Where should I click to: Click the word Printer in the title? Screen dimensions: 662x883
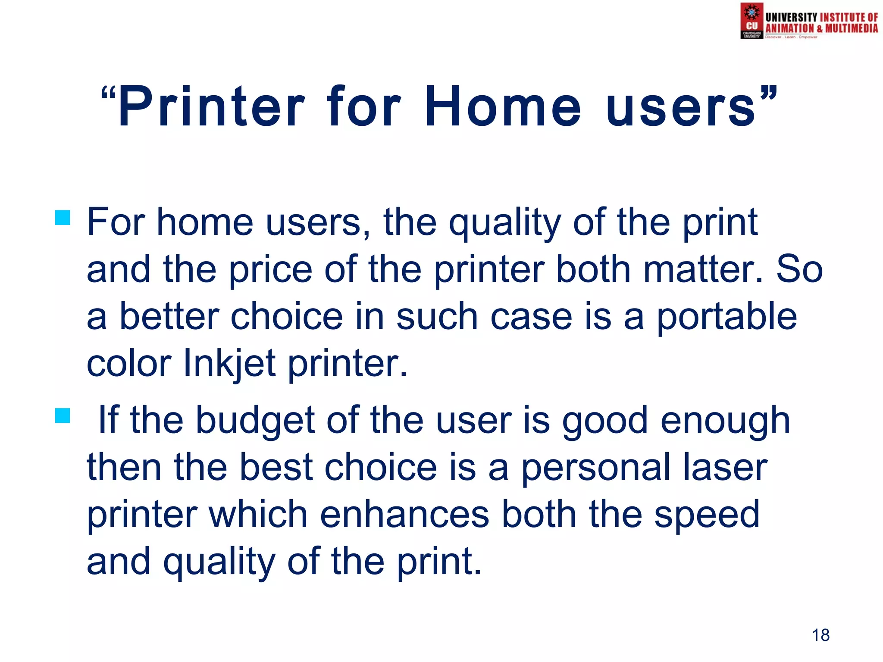211,107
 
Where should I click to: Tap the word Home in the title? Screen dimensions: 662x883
503,107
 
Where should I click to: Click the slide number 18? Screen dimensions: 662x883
820,635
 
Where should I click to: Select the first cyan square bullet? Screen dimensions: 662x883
63,218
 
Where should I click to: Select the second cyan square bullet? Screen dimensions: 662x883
63,416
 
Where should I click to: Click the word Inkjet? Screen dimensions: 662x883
229,363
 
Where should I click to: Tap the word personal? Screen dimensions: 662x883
596,468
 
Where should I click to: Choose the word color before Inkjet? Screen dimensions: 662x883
129,363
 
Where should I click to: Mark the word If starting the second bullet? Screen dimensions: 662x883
108,420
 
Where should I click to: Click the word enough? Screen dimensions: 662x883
725,421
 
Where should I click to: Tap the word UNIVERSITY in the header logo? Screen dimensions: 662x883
791,17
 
